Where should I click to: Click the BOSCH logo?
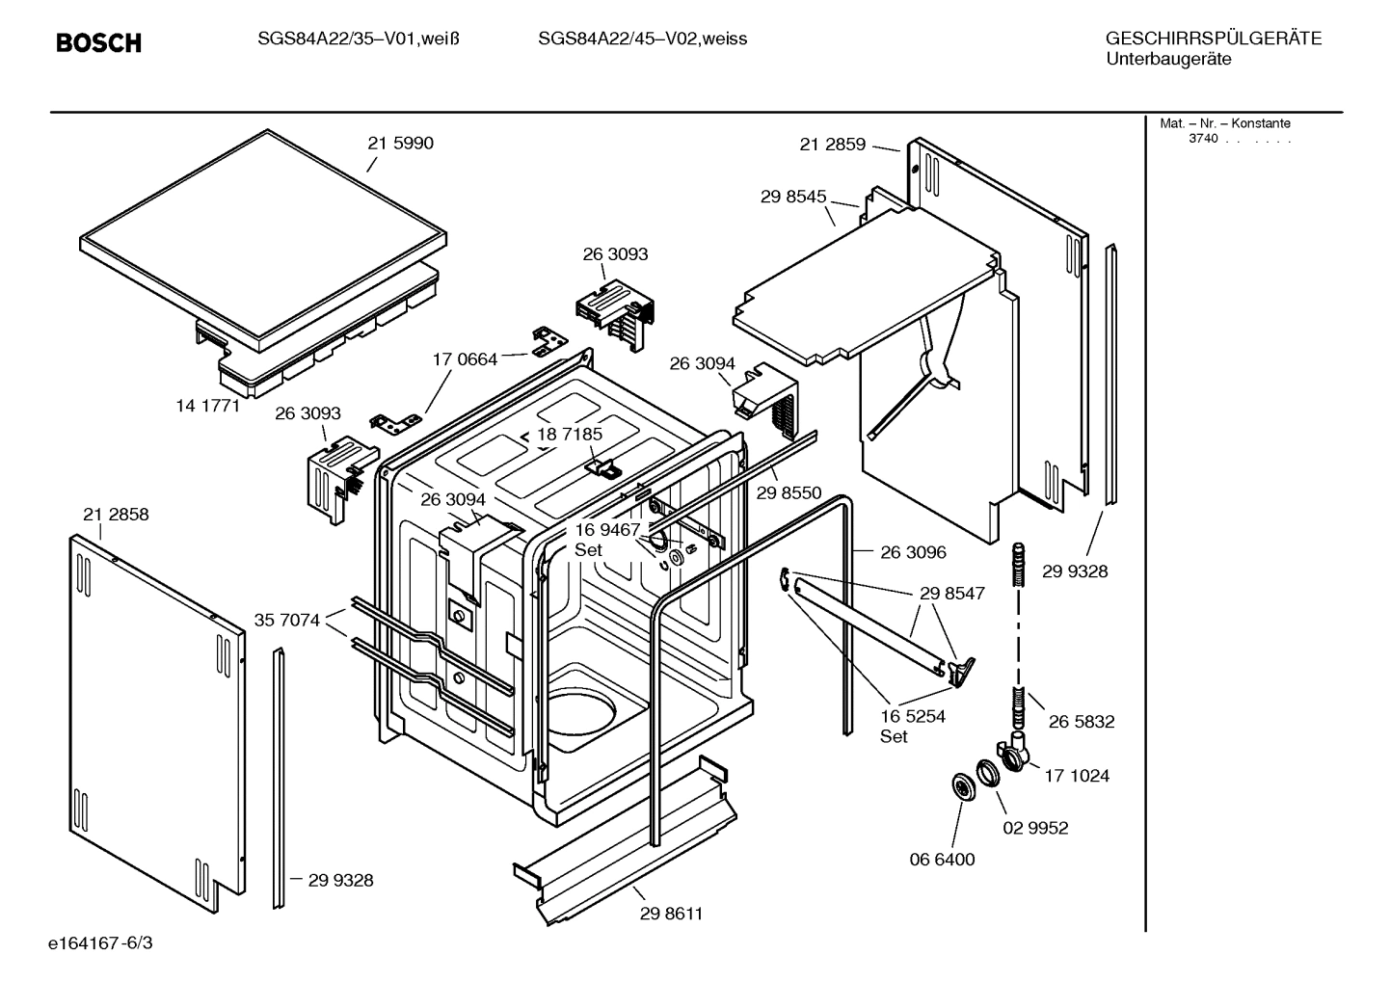pos(98,42)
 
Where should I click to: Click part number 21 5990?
pos(400,143)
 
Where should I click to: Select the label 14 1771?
pos(207,406)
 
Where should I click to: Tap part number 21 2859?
pos(833,145)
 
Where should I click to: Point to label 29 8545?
pos(793,197)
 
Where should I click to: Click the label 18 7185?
pos(570,435)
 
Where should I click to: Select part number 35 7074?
pos(287,620)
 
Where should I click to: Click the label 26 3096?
pos(913,552)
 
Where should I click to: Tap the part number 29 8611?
pos(671,914)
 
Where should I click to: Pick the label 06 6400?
pos(943,859)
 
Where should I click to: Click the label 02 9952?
pos(1035,828)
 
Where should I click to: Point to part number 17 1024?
pos(1077,775)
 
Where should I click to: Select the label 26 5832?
pos(1082,721)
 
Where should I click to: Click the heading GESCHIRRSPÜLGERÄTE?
pos(1213,39)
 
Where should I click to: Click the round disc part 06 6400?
pos(963,787)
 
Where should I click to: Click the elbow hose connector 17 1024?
pos(1013,753)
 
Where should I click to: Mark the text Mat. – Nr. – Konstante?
pos(1224,123)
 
